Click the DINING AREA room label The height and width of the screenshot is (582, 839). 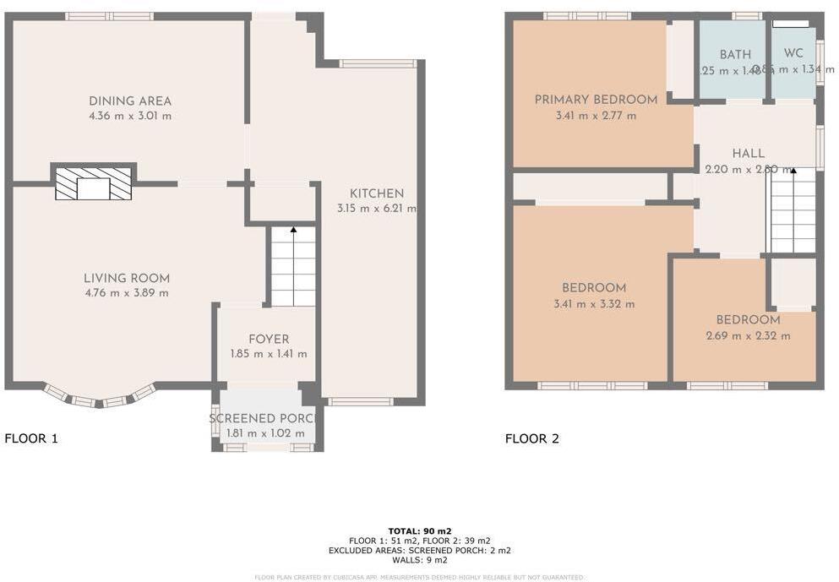coord(129,101)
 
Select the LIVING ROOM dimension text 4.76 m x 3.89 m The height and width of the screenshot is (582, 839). coord(126,293)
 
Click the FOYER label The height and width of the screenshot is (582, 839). coord(268,340)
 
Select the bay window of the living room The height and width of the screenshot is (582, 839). coord(99,397)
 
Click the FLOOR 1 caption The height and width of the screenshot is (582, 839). coord(31,438)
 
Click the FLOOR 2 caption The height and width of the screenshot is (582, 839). coord(531,438)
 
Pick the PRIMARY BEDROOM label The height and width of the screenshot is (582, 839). coord(595,101)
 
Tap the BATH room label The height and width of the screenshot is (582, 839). coord(735,54)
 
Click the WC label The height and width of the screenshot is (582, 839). coord(793,53)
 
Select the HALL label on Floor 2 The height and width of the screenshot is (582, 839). coord(748,154)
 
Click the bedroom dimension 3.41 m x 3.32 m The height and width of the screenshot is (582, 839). coord(594,304)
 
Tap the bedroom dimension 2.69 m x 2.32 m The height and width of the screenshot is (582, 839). coord(748,335)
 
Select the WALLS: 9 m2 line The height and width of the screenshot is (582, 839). coord(419,560)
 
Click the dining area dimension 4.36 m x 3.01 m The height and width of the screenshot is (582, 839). coord(129,116)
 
